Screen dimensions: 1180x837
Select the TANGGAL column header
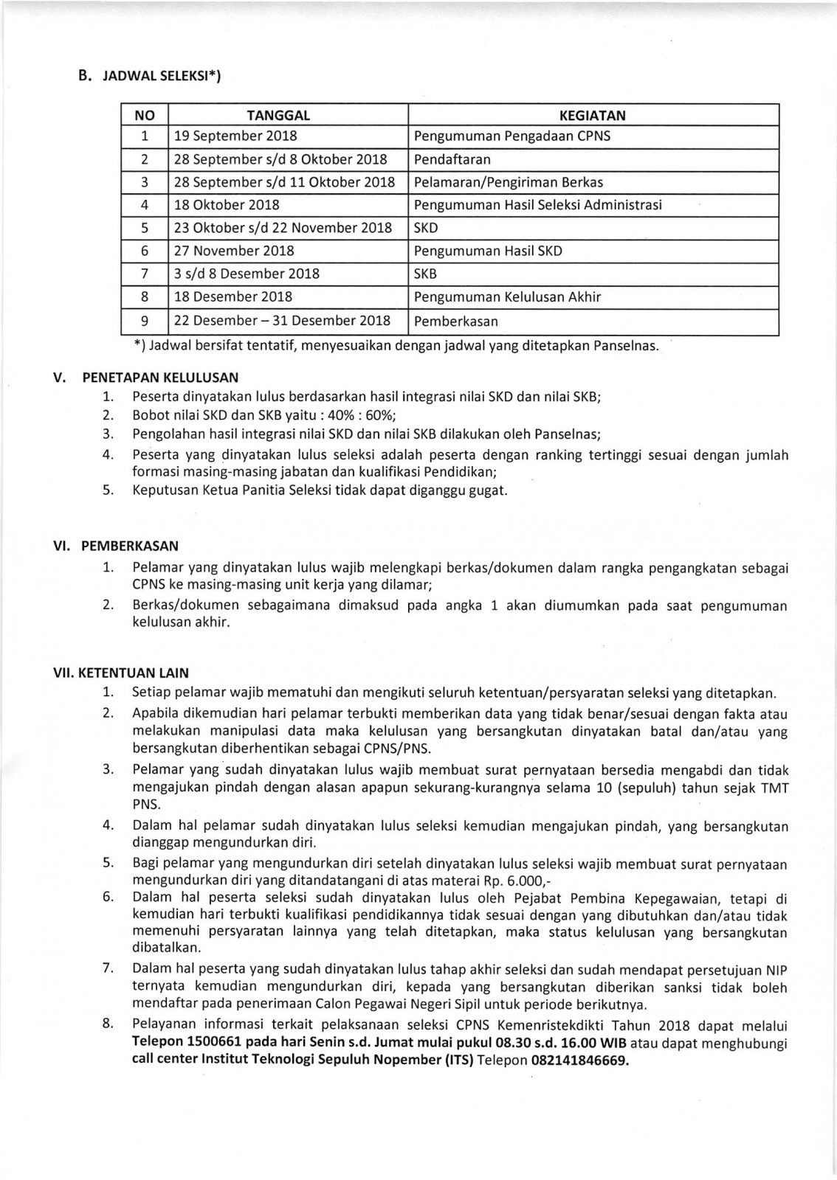point(278,115)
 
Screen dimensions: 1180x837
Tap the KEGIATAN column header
point(593,115)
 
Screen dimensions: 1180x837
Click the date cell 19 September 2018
point(235,136)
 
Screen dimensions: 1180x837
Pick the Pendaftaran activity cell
point(452,159)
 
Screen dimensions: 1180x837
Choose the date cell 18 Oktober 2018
point(227,205)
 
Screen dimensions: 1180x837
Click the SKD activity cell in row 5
point(426,228)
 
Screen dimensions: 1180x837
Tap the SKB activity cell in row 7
point(426,274)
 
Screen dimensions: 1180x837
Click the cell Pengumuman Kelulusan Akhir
point(508,297)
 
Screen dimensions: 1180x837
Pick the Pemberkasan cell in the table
point(456,321)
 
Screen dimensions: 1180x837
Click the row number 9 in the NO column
point(145,321)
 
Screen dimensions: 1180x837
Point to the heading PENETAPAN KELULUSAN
point(160,376)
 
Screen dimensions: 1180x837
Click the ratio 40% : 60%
point(363,415)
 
